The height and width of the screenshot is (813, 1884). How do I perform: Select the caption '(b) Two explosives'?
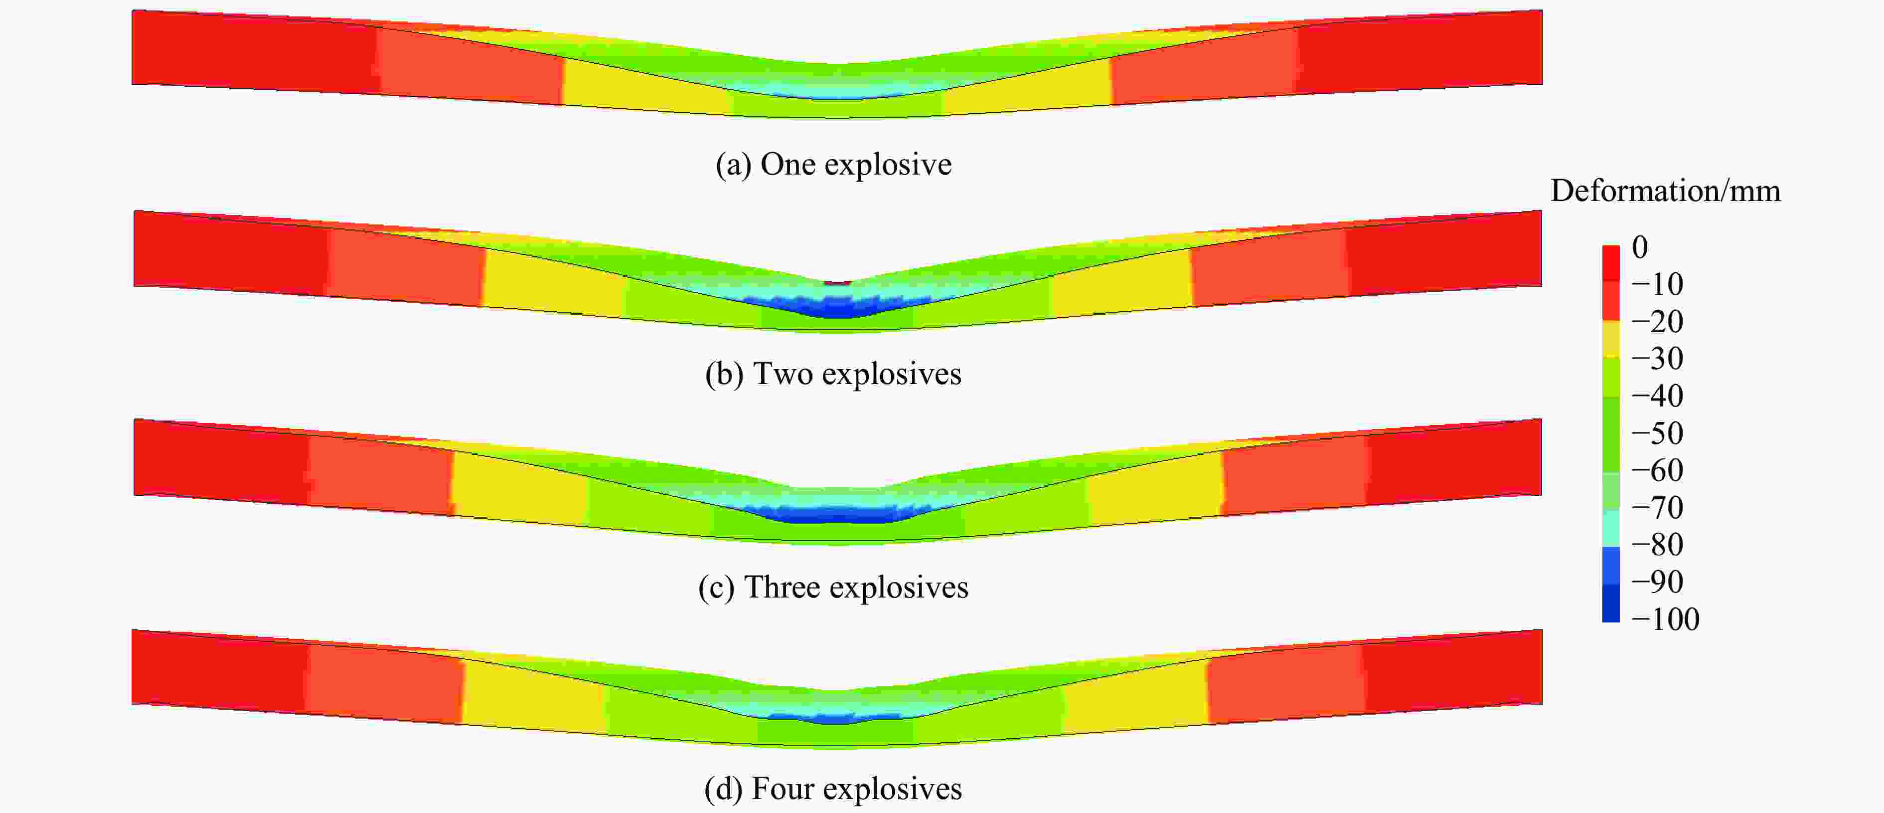point(833,374)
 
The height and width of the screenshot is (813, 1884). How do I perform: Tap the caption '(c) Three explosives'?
point(833,588)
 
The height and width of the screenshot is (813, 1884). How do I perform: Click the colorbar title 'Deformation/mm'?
point(1665,191)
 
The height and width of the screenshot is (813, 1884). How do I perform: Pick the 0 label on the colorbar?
point(1640,247)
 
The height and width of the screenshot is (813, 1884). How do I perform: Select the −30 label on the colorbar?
point(1657,359)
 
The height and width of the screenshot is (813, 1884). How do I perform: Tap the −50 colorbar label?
point(1657,433)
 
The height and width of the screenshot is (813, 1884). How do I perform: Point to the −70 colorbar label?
point(1657,508)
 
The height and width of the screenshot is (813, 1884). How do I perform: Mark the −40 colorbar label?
point(1657,396)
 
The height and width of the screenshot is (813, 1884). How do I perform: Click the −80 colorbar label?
point(1657,545)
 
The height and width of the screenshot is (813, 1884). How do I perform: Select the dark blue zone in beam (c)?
point(834,514)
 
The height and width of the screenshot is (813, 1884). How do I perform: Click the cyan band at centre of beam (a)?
point(837,91)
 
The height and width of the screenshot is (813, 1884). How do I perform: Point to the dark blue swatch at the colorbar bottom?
point(1610,604)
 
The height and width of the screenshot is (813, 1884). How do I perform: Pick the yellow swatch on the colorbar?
point(1610,339)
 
